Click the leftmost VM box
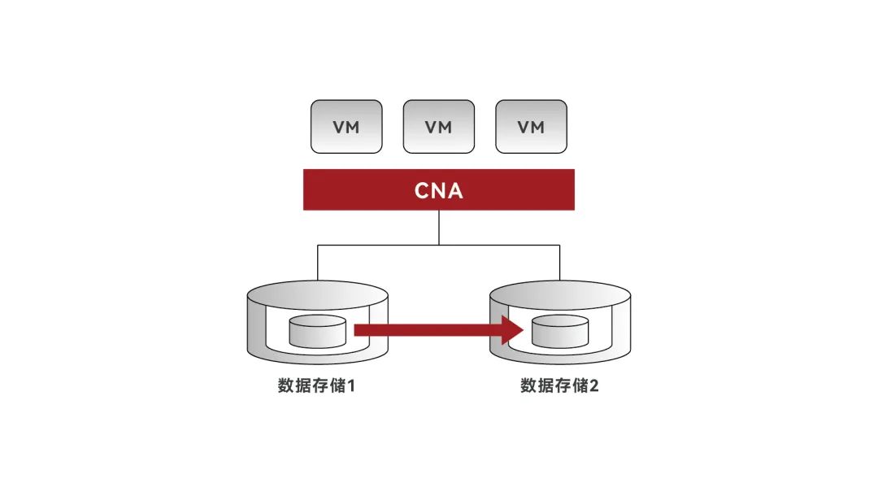(346, 126)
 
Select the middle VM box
(439, 126)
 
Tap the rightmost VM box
(531, 126)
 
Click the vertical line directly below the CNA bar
(439, 227)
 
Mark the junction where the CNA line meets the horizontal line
(439, 244)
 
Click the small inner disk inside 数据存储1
(317, 331)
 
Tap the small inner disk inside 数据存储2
(559, 331)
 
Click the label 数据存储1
(317, 385)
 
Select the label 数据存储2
(559, 385)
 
